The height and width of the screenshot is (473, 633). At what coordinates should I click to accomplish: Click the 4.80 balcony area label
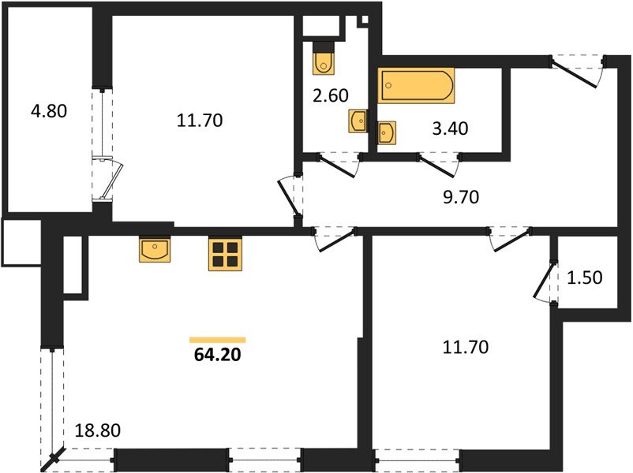click(x=48, y=111)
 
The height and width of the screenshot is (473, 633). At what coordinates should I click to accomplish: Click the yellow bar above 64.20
click(x=218, y=340)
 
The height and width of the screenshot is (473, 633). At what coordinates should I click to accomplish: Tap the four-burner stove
click(x=224, y=255)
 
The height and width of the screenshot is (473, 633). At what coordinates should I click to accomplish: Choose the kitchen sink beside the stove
click(x=155, y=250)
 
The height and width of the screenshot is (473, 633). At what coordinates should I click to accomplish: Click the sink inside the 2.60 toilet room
click(x=358, y=121)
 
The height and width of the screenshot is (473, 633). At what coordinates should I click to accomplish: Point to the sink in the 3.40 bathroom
click(x=386, y=134)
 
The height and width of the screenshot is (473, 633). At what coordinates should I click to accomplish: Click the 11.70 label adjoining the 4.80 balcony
click(x=200, y=121)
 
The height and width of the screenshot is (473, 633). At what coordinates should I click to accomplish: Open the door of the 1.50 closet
click(x=545, y=281)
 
